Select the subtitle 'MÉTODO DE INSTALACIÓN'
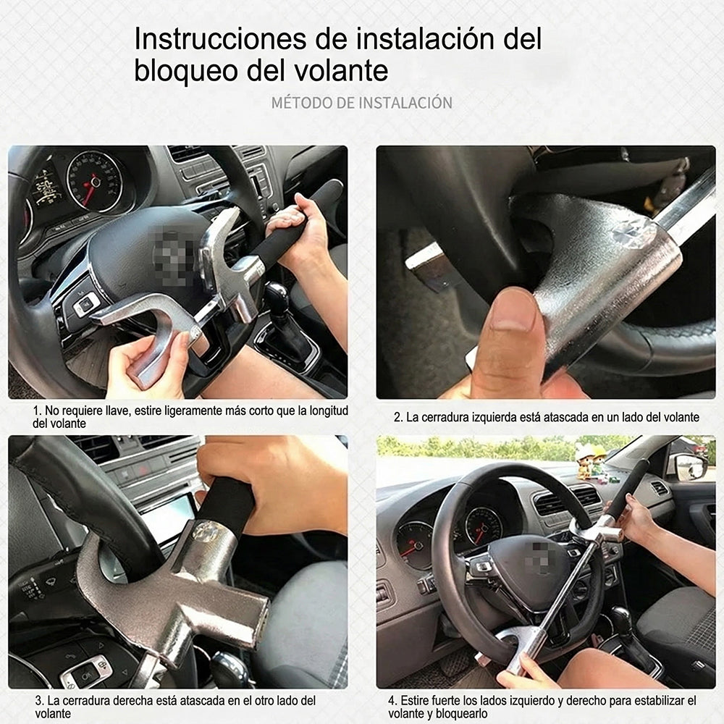(x=361, y=102)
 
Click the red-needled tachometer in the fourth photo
(x=482, y=525)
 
